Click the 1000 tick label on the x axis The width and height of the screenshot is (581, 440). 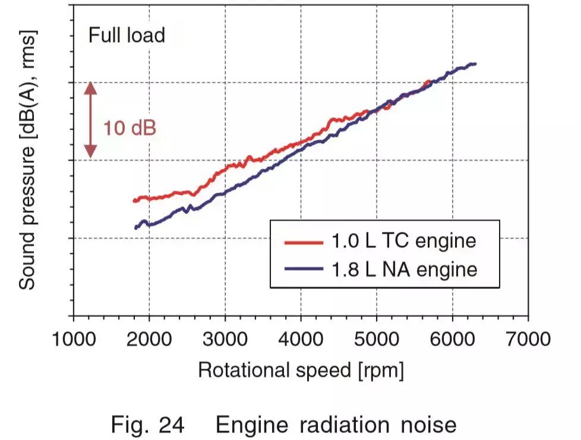[73, 340]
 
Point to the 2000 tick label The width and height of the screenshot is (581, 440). [149, 340]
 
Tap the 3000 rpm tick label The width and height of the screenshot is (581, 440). [225, 340]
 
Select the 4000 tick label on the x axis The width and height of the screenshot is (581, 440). [301, 340]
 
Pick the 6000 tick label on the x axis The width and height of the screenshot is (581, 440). [453, 340]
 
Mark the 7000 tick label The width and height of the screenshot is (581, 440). [528, 340]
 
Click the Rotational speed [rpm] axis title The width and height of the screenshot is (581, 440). [301, 370]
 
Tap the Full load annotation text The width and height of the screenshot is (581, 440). [127, 36]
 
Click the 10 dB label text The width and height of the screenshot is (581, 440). [130, 127]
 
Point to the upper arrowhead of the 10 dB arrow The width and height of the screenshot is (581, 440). [90, 87]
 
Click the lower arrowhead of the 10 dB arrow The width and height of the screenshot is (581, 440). [90, 152]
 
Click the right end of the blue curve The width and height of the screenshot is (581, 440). [475, 64]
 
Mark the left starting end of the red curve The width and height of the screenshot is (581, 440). [134, 200]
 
